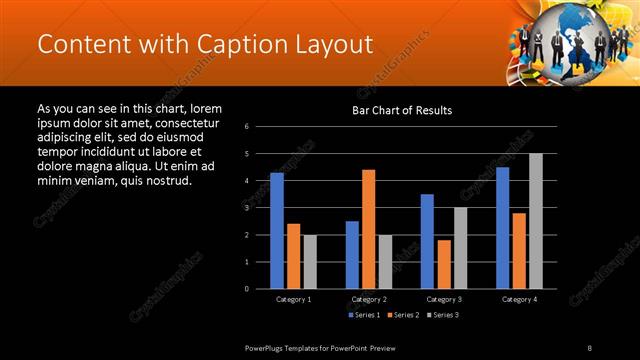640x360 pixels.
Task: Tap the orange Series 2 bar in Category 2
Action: click(369, 228)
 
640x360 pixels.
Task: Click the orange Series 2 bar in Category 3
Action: click(444, 264)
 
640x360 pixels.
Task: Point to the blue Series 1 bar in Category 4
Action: click(502, 227)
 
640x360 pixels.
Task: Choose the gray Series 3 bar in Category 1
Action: click(310, 261)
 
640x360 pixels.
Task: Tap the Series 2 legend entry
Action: click(403, 315)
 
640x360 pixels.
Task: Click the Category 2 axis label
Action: click(369, 299)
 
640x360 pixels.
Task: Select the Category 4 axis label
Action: click(519, 299)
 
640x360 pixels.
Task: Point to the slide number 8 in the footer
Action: click(590, 347)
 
